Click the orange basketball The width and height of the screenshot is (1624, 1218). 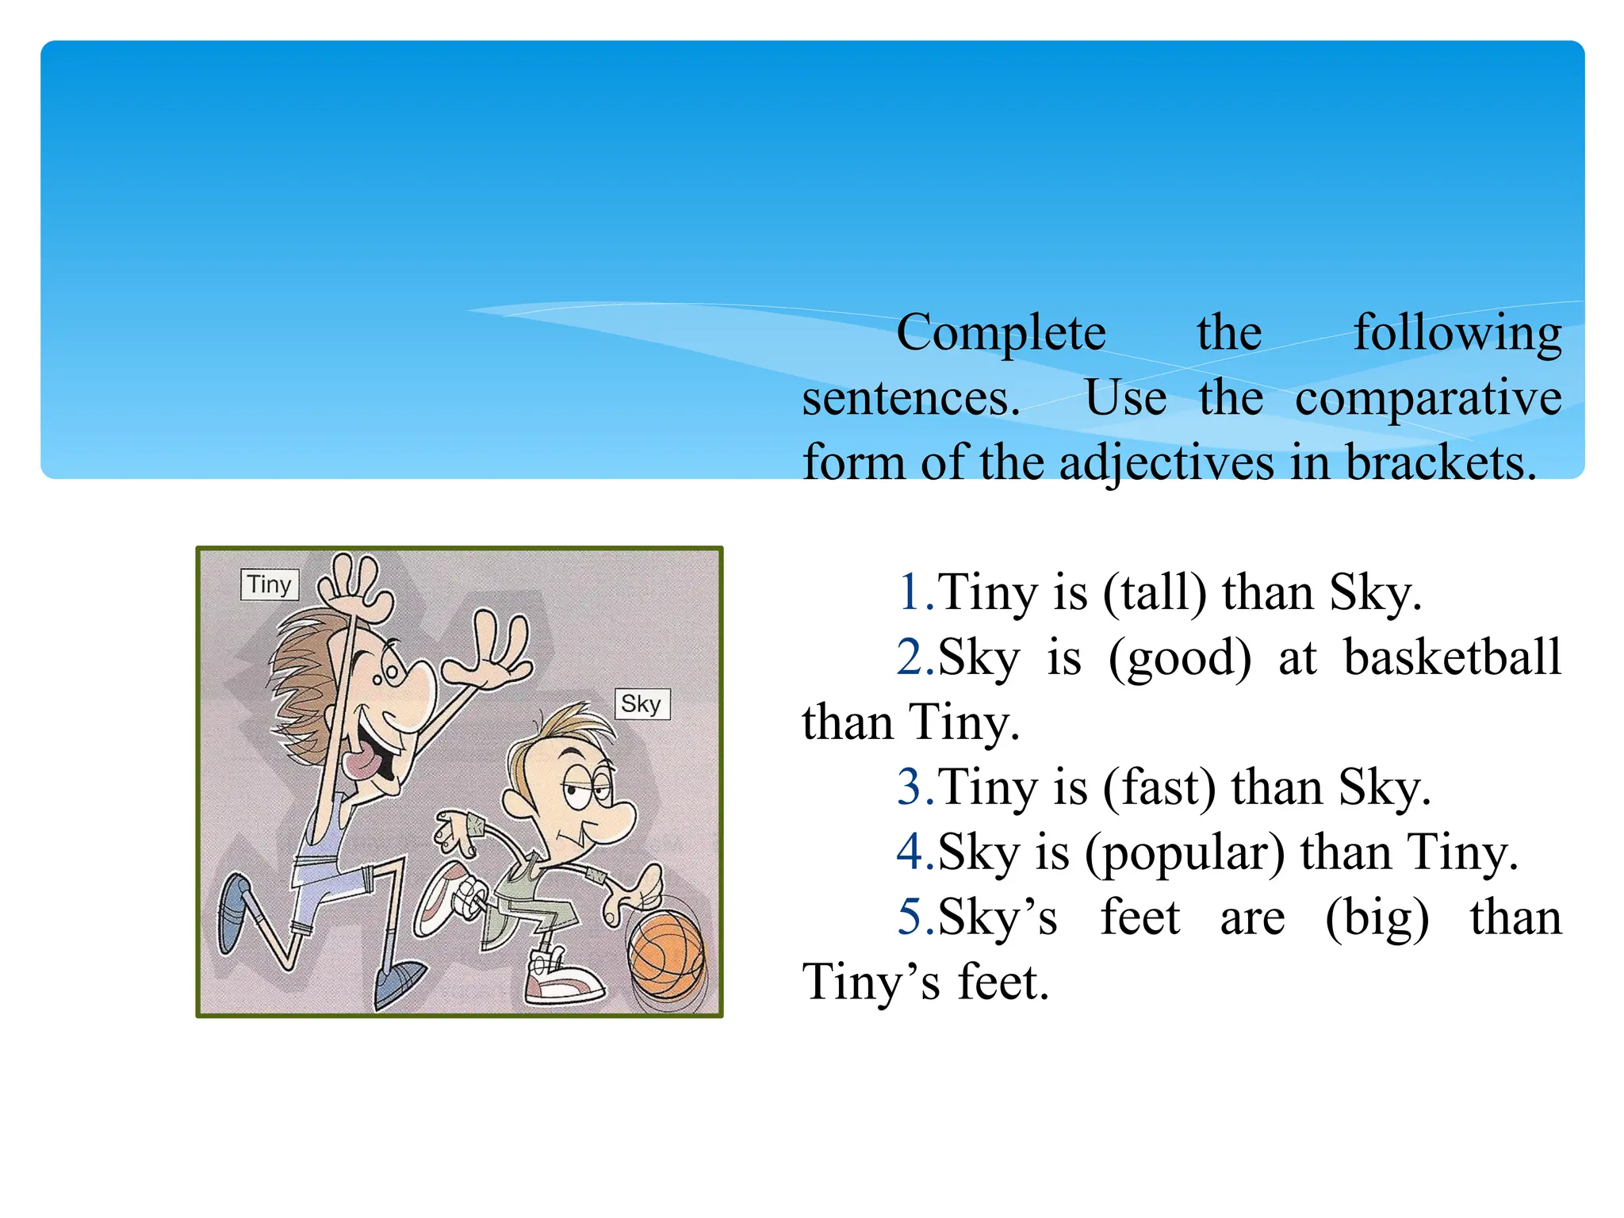coord(666,955)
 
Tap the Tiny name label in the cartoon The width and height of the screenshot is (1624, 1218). coord(270,584)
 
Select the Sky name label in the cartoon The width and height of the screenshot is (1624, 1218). coord(642,703)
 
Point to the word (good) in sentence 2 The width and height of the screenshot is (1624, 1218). coord(1179,658)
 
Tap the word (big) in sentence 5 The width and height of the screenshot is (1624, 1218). coord(1377,919)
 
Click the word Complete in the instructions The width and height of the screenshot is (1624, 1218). coord(1001,333)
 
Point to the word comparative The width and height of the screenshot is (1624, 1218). coord(1428,399)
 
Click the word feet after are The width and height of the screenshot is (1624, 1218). coord(1139,919)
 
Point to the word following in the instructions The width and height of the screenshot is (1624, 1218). coord(1457,333)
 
